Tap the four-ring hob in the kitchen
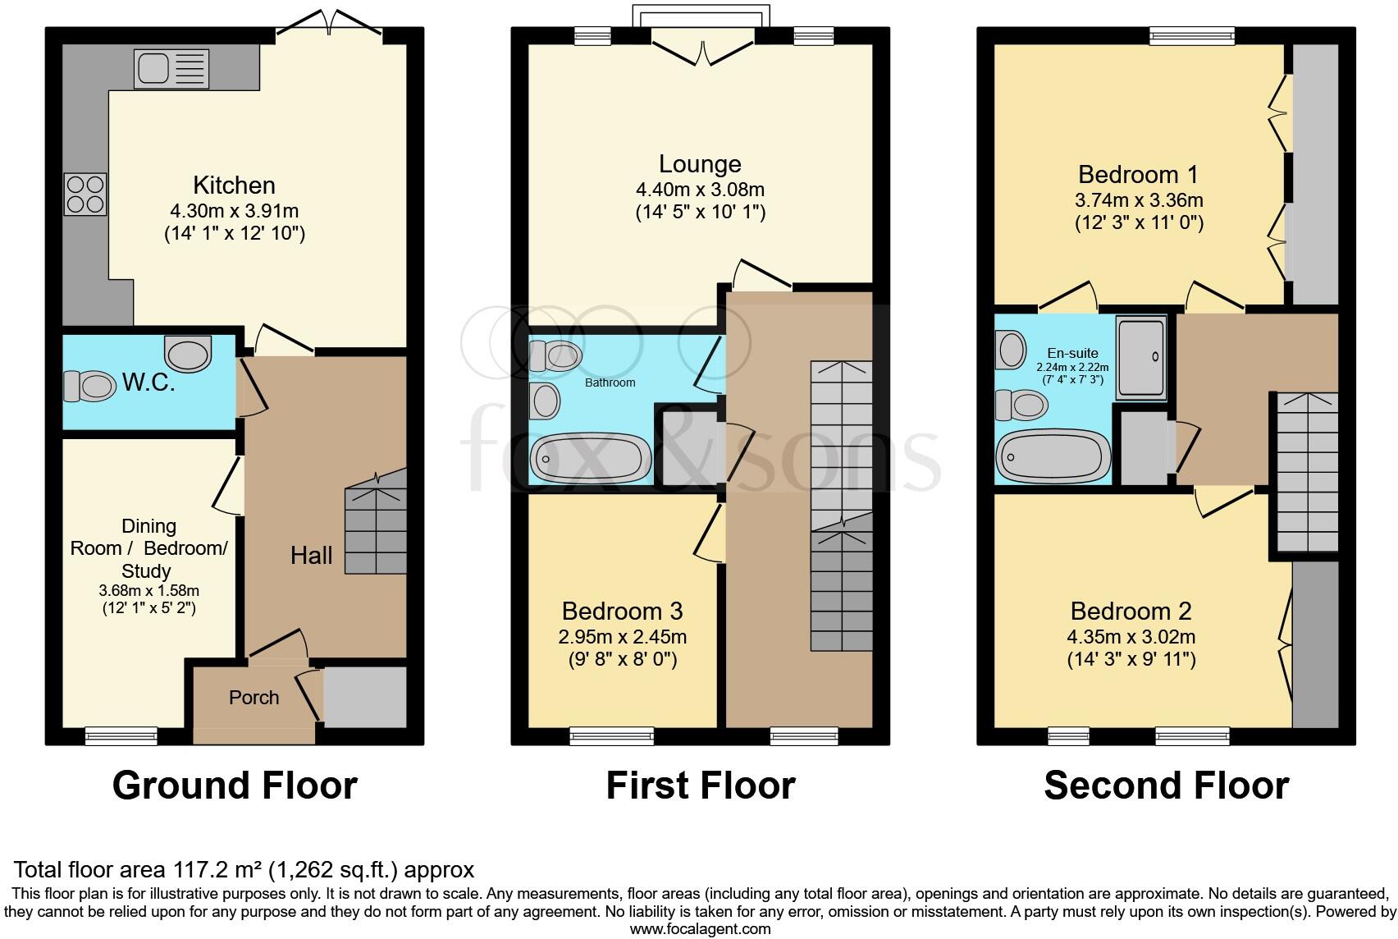coord(85,194)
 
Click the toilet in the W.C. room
coord(89,386)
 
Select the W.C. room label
coord(148,383)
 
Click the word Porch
coord(254,698)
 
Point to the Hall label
coord(312,556)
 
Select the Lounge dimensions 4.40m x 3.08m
coord(700,190)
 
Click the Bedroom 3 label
coord(622,611)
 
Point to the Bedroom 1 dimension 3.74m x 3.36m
coord(1139,200)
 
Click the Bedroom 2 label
coord(1131,611)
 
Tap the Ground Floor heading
coord(235,786)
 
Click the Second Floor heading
coord(1166,786)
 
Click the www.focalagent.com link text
coord(700,929)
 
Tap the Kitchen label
coord(234,185)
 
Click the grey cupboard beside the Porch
coord(365,696)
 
